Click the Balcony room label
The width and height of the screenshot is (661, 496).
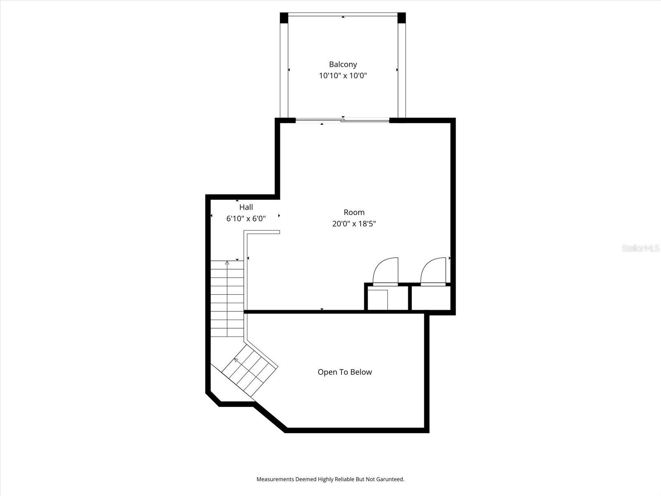coord(343,64)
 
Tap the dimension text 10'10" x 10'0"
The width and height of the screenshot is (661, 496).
coord(343,76)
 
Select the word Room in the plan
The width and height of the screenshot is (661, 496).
coord(354,212)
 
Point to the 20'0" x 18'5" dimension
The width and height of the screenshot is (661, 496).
coord(354,224)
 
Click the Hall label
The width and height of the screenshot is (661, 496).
coord(246,207)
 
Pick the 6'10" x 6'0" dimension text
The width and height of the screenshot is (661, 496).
coord(246,218)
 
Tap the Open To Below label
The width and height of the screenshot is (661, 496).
coord(345,372)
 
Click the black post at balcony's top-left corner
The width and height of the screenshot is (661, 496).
coord(284,18)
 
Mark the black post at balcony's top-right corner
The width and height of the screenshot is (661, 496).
coord(402,18)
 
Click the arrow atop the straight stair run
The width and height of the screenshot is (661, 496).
coord(227,263)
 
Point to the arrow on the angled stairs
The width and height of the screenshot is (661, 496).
coord(236,360)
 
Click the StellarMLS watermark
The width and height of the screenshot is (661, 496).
coord(640,248)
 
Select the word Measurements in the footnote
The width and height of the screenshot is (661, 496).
coord(275,479)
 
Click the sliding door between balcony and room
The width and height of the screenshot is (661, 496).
coord(343,120)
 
